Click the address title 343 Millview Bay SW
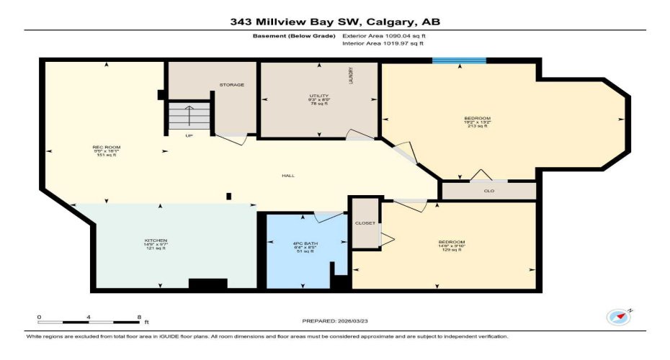coord(335,21)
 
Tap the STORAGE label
coord(232,85)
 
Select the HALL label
coord(287,176)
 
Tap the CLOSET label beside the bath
coord(365,223)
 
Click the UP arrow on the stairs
coord(189,115)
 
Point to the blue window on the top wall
coord(458,60)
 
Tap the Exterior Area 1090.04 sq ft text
coord(389,35)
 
